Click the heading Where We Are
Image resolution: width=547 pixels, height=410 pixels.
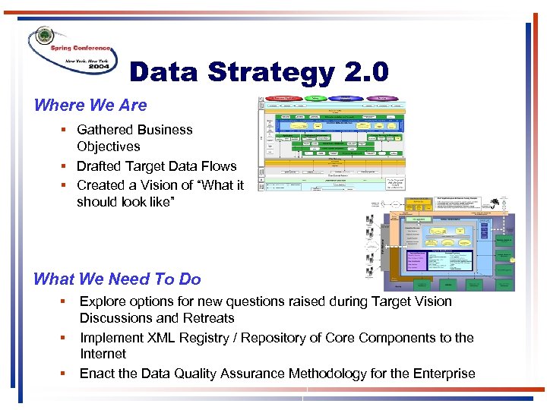click(90, 105)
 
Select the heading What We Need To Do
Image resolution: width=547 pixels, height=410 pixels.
click(117, 279)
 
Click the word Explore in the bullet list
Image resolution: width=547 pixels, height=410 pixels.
click(103, 301)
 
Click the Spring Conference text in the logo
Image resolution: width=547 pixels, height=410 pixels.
click(81, 49)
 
